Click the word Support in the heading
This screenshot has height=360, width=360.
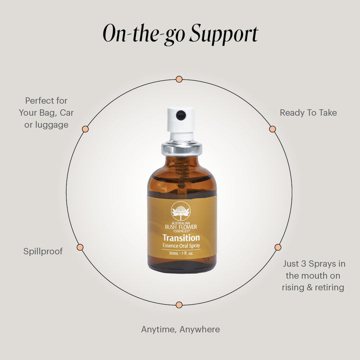224,34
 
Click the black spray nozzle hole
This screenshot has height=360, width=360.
180,115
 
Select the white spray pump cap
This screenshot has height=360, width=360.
180,123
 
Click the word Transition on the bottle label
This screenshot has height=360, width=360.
181,237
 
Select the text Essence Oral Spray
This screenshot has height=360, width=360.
181,245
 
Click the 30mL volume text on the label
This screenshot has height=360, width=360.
173,253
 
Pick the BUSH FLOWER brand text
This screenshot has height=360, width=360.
181,227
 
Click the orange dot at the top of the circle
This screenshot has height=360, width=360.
179,79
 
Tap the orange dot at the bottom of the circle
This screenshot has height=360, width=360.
179,305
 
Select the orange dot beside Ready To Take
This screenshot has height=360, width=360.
272,129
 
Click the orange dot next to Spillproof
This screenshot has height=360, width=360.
80,247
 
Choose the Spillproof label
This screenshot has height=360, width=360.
43,251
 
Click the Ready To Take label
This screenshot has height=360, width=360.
308,112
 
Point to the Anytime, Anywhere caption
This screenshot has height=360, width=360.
180,329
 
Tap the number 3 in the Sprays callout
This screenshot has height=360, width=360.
303,263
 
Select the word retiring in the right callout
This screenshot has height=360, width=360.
329,287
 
